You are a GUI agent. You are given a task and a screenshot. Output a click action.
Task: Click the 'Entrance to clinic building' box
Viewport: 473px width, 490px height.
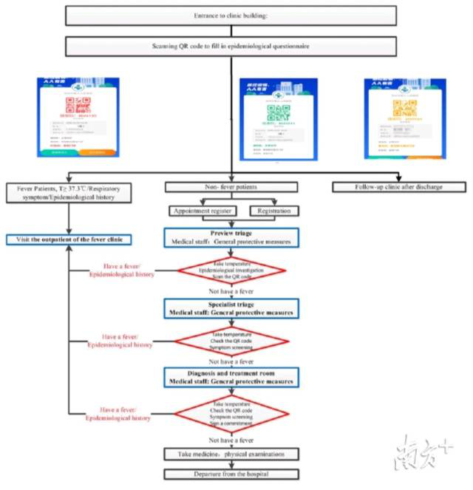click(x=235, y=14)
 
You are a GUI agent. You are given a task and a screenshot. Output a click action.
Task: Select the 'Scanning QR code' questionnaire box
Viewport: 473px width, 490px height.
click(x=235, y=47)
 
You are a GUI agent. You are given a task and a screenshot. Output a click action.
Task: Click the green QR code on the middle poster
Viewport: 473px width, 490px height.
click(x=277, y=112)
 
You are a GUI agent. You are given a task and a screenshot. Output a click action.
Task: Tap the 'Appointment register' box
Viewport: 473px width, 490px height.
click(x=205, y=211)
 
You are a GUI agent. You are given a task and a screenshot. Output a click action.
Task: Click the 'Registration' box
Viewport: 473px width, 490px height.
click(x=273, y=211)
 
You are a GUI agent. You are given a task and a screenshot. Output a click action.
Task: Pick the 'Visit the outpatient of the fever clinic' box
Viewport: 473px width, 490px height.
click(x=69, y=239)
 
